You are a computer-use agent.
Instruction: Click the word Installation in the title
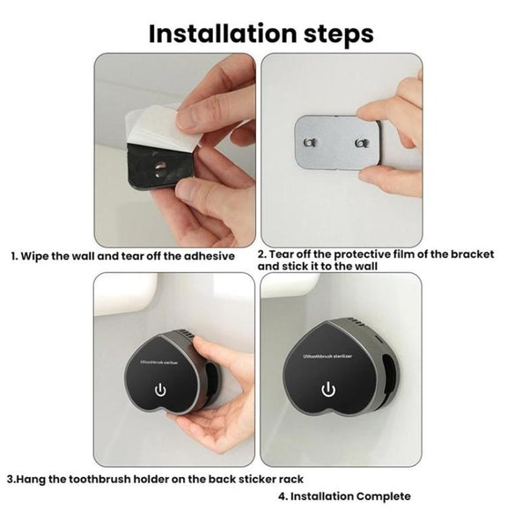223,33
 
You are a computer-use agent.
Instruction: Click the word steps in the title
339,35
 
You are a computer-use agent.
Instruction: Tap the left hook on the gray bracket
310,143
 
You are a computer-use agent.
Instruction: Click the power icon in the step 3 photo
160,390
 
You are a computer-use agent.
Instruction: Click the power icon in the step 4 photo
328,389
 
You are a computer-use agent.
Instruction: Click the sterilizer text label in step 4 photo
327,356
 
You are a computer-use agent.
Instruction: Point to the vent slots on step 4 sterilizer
355,324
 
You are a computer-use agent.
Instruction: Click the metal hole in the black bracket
159,168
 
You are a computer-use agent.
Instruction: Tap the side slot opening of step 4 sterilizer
389,375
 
